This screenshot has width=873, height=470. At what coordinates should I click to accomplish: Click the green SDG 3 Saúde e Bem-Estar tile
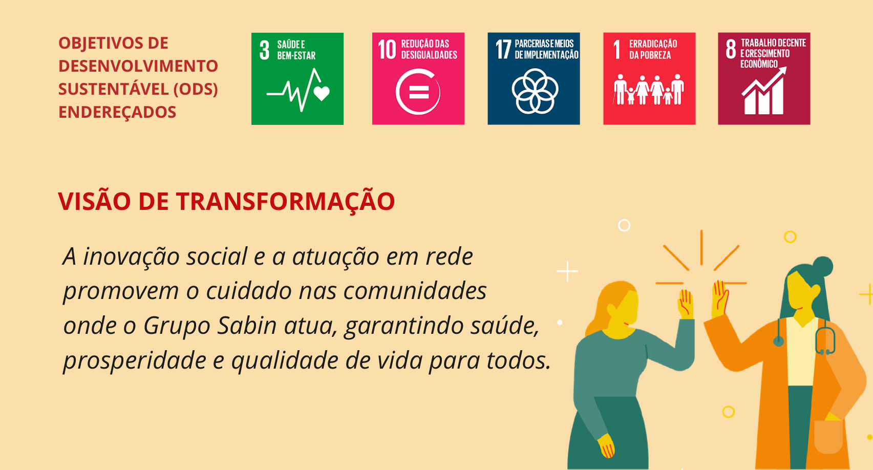coord(297,79)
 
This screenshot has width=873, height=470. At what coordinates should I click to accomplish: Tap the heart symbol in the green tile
coord(322,93)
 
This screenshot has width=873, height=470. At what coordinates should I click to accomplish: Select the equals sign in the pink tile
coord(419,92)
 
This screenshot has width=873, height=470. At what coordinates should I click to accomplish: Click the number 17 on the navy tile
coord(503,49)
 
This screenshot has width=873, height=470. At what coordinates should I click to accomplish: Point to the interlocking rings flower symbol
coord(535,92)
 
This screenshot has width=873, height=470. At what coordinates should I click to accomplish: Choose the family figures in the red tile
coord(649,90)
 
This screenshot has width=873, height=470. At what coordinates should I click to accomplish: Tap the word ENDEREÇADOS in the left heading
coord(117,113)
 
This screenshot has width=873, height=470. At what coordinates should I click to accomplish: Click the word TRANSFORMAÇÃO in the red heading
coord(285,202)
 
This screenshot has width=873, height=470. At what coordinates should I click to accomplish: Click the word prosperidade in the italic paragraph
coord(135,361)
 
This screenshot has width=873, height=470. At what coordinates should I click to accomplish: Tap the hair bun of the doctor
coord(822,267)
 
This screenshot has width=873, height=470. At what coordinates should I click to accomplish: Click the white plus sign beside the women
coord(567,271)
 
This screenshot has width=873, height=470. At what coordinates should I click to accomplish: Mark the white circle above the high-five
coord(624,225)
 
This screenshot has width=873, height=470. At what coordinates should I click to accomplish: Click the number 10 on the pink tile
coord(387,49)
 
